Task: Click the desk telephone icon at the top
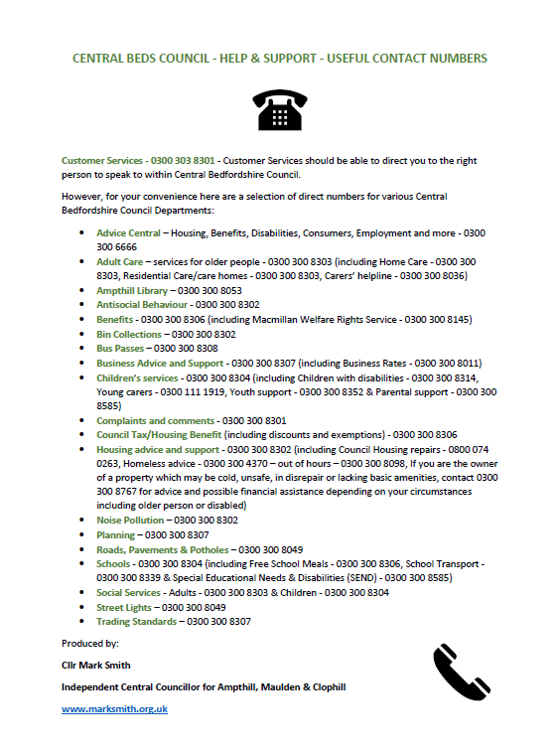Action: pos(279,111)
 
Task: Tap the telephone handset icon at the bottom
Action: pos(463,673)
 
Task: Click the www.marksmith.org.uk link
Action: pos(114,708)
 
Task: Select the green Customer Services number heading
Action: pos(138,159)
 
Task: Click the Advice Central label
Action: pos(128,232)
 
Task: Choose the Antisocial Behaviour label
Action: pos(141,304)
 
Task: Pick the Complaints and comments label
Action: pos(155,420)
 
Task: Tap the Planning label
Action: pos(116,534)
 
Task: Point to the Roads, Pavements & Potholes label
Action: pos(163,549)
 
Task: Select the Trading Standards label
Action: pos(137,621)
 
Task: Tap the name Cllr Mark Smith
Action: pos(95,665)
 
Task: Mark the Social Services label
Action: pos(128,592)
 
